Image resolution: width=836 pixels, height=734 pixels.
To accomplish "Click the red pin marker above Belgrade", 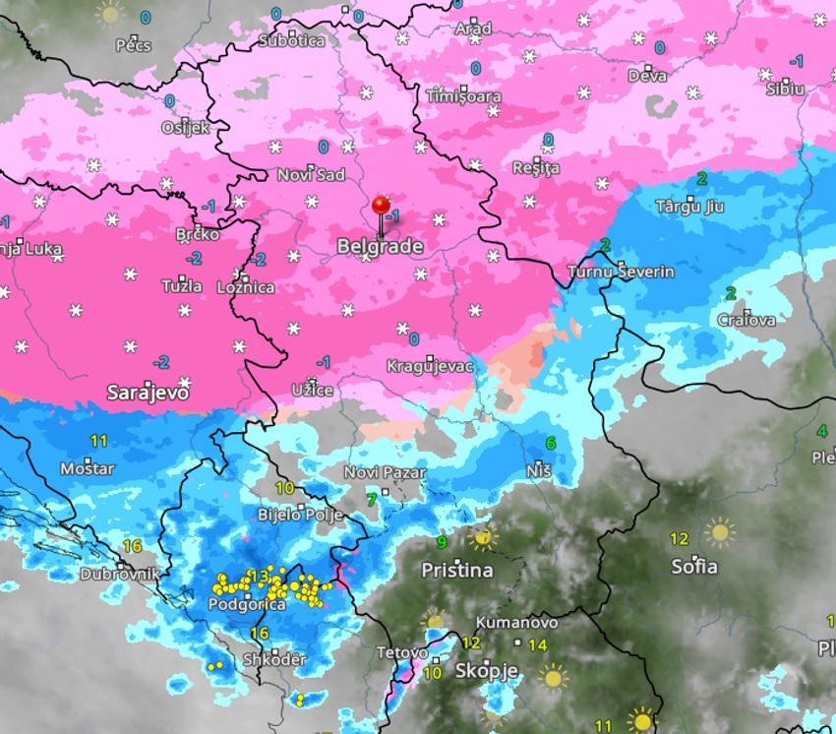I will click(382, 205).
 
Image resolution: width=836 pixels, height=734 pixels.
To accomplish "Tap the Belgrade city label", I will click(380, 247).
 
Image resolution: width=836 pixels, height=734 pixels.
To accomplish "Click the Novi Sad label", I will click(311, 174).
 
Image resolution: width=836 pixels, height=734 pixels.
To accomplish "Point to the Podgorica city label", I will click(248, 604).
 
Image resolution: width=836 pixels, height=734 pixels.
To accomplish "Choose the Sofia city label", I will click(694, 567).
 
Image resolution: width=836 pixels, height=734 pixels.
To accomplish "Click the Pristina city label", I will click(456, 570).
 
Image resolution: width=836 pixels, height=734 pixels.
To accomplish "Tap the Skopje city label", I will click(486, 670).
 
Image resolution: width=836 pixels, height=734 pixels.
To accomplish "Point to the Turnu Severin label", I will click(622, 272).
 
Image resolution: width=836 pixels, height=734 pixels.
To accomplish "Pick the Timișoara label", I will click(464, 96).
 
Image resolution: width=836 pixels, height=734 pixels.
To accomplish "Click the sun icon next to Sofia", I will click(720, 532).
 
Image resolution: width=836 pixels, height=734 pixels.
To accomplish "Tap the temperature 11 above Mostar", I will click(99, 441).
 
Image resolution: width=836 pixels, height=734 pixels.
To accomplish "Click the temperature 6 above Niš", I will click(551, 444).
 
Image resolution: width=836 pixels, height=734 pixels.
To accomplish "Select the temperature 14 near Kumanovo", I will click(537, 645).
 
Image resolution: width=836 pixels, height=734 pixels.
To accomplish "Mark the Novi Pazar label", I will click(385, 472).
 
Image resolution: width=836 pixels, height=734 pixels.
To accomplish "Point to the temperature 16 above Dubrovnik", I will click(133, 546).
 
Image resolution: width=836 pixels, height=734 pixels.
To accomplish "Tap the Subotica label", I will click(291, 40).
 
